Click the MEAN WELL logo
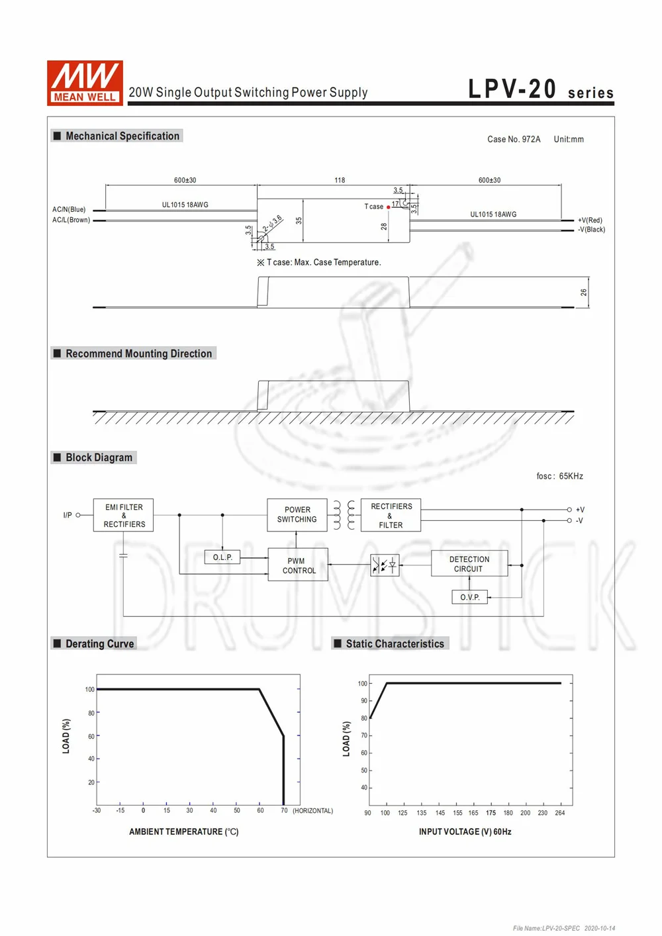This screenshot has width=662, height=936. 85,82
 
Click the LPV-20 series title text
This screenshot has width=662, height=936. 540,89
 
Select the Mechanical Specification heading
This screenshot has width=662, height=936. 122,136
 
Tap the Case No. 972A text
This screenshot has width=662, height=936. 514,139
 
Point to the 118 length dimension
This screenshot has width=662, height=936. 340,180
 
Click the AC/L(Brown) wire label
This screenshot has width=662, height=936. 71,220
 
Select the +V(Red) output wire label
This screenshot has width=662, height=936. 590,220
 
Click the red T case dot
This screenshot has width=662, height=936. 389,207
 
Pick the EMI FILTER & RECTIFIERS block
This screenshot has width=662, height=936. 124,515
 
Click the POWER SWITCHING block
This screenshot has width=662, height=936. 297,514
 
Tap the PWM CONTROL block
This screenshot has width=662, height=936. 298,565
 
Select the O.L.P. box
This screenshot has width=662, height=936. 222,557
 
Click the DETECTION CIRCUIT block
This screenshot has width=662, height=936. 469,564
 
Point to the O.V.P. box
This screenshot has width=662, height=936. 469,597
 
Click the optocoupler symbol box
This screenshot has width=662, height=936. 385,565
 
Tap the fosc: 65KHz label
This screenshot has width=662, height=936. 559,476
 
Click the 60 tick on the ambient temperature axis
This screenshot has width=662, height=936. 260,810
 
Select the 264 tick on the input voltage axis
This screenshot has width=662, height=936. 560,813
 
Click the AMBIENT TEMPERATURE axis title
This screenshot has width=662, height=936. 183,831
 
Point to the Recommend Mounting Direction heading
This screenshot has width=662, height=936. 138,353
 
